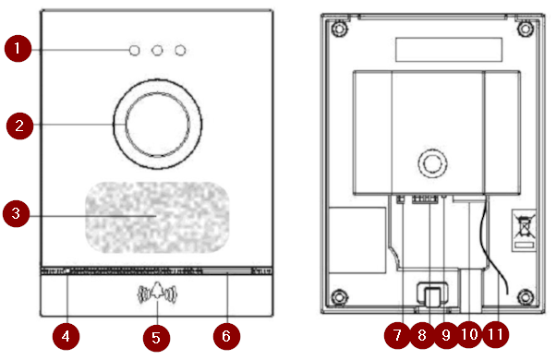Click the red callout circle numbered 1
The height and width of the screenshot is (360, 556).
click(x=18, y=49)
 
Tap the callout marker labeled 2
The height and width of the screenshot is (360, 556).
click(x=20, y=126)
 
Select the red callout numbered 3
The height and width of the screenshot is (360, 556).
click(x=17, y=213)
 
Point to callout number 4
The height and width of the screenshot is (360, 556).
click(x=66, y=336)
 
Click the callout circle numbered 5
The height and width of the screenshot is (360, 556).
click(x=156, y=338)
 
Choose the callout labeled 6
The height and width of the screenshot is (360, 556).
click(x=226, y=336)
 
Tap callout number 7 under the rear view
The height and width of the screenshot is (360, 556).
click(x=397, y=335)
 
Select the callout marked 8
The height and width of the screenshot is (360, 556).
click(x=422, y=335)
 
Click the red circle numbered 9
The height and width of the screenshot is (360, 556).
click(x=446, y=335)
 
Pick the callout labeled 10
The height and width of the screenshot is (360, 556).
click(x=470, y=334)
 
